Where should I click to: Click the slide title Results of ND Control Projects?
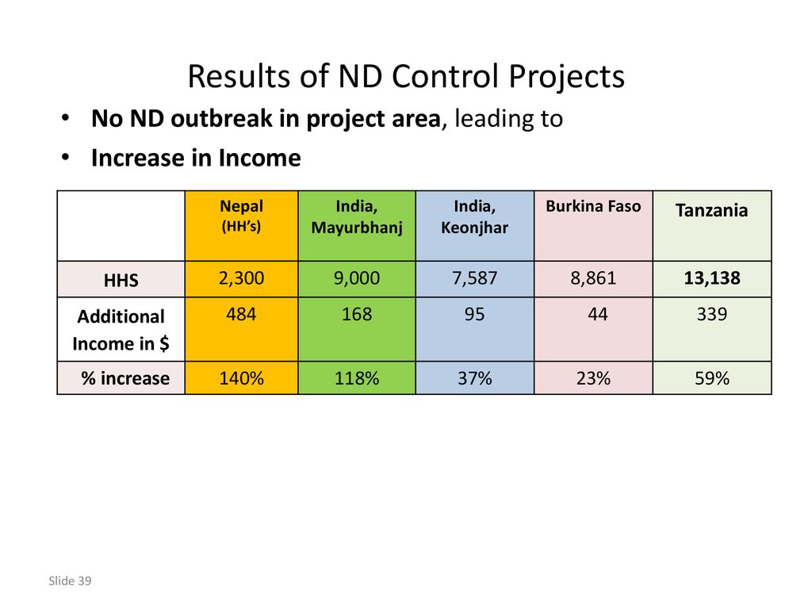click(x=406, y=77)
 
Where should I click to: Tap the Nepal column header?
click(x=241, y=215)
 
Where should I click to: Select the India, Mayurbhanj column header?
click(x=357, y=217)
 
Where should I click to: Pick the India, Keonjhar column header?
click(x=474, y=217)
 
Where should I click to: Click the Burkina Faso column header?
click(x=593, y=207)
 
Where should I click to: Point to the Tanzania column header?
click(x=711, y=211)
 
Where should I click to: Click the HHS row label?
click(x=121, y=280)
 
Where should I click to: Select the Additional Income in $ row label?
click(x=121, y=330)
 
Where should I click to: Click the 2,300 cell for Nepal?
click(x=241, y=278)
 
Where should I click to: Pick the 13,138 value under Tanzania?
click(x=711, y=278)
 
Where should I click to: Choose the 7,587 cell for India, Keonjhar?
click(x=474, y=278)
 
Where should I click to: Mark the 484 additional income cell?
click(x=241, y=315)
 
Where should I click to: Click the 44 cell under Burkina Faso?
click(x=598, y=315)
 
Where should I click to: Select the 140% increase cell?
click(x=241, y=378)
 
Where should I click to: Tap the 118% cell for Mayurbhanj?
click(x=357, y=378)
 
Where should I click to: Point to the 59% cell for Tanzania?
click(x=711, y=378)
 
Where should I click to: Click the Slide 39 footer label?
click(x=70, y=581)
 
